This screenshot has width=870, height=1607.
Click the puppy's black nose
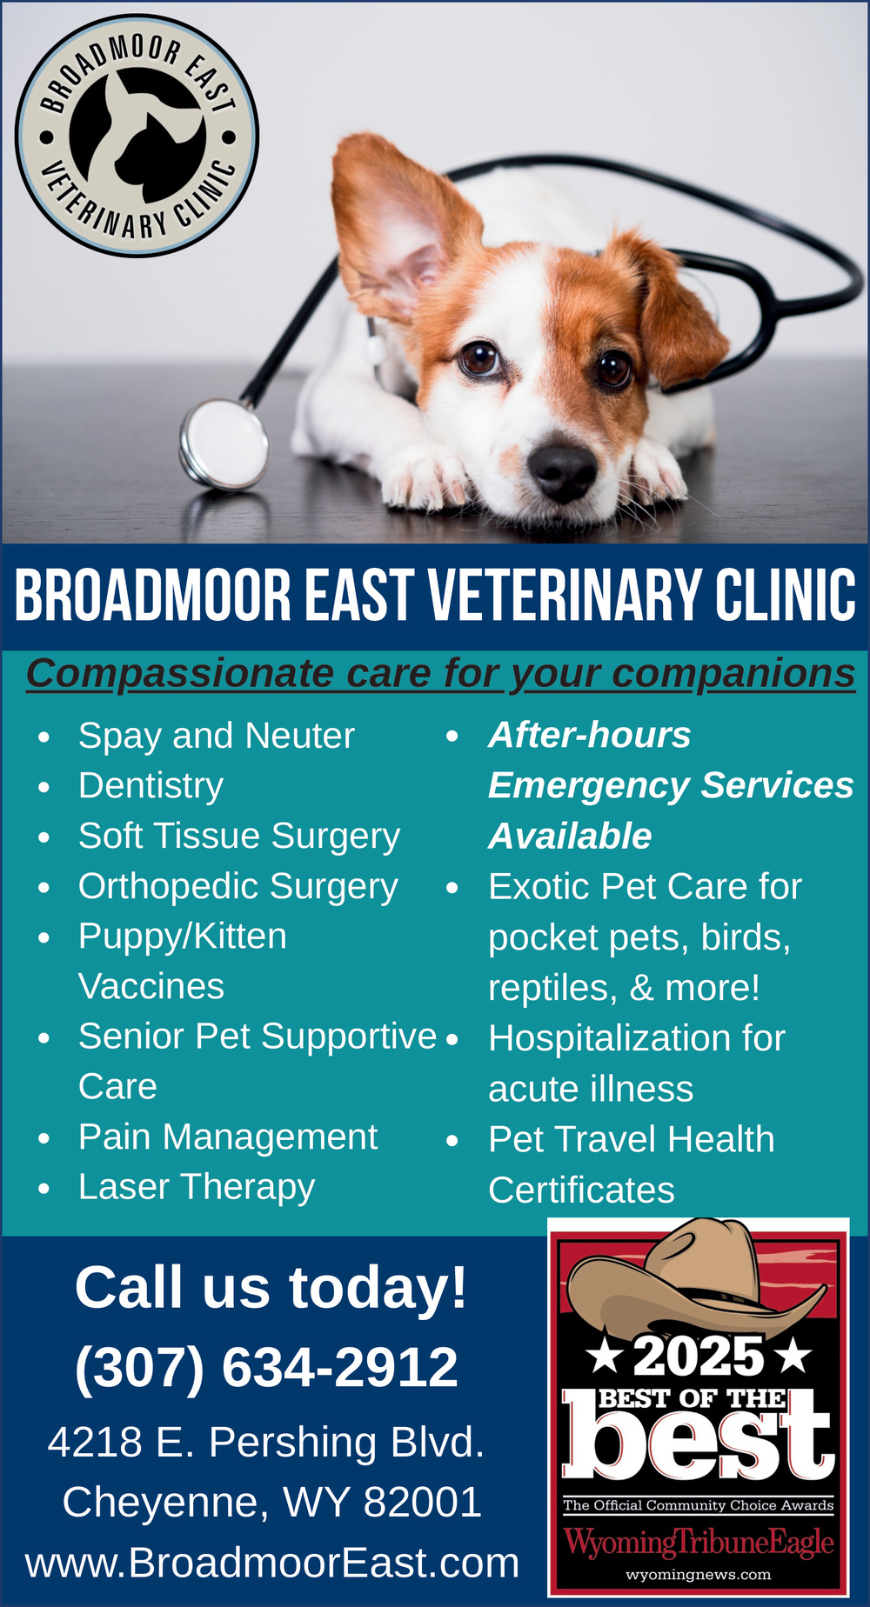(563, 470)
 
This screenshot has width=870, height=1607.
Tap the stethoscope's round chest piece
(224, 443)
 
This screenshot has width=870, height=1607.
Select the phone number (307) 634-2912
(266, 1366)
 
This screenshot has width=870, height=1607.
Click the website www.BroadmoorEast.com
(272, 1563)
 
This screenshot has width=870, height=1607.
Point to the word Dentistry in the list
(151, 786)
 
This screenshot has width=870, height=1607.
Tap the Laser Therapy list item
(197, 1188)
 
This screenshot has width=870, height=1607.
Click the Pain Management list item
(228, 1137)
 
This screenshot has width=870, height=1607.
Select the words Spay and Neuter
(217, 737)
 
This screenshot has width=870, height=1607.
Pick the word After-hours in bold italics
(590, 735)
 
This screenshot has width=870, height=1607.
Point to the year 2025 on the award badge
(699, 1356)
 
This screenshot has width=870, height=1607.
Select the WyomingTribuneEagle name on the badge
(699, 1543)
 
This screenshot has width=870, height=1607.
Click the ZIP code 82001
(422, 1502)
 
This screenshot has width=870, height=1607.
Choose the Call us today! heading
(271, 1287)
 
